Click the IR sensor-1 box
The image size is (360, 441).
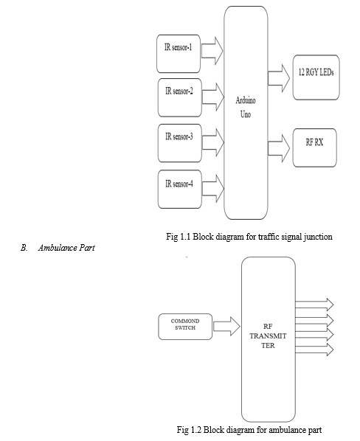[x=179, y=54]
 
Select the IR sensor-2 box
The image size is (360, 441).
[x=180, y=97]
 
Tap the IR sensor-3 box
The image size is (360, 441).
[x=180, y=143]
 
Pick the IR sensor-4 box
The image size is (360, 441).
[x=180, y=190]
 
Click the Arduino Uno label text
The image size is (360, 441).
[x=246, y=107]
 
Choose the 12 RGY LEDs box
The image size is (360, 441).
[x=316, y=77]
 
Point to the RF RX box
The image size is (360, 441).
[x=315, y=147]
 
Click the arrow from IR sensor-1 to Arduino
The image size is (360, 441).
[x=212, y=51]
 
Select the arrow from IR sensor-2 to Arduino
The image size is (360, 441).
[x=213, y=97]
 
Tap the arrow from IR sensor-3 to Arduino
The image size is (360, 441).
[x=213, y=142]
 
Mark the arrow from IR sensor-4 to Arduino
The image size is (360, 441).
[x=213, y=189]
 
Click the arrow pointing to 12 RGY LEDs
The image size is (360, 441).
[x=279, y=78]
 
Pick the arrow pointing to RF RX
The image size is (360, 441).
[x=279, y=148]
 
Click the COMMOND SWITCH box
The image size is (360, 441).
[x=185, y=327]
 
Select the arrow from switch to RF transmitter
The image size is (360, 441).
[x=226, y=326]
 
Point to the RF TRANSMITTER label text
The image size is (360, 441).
[x=268, y=336]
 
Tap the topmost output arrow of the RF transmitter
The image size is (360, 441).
[x=314, y=305]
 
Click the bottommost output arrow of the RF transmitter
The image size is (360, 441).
[x=314, y=350]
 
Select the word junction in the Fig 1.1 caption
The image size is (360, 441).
[x=318, y=237]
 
